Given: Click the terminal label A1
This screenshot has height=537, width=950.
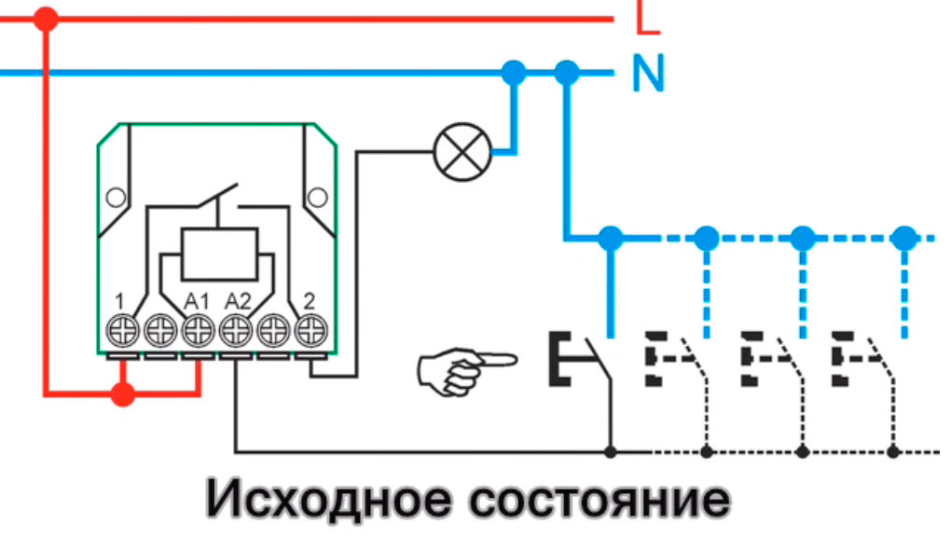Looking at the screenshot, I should coord(196,301).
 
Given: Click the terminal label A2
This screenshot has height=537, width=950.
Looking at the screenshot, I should coord(238,301).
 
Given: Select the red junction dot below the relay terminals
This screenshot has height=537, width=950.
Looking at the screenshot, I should coord(121,395).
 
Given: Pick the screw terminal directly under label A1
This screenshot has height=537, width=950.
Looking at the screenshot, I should coord(198,330).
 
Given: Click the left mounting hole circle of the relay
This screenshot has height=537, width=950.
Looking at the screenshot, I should coord(116,198).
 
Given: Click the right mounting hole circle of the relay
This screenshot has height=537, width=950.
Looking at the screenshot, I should coord(318,198).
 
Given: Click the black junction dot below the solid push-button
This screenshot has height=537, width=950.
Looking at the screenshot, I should coord(612,452).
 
